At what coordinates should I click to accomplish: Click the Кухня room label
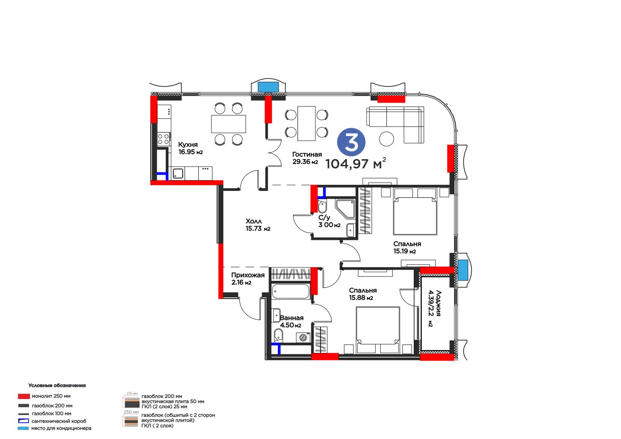click(x=188, y=144)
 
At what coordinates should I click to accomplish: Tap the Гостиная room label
click(x=307, y=154)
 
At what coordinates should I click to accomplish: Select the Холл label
click(x=253, y=221)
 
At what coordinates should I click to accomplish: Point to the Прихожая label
click(x=248, y=275)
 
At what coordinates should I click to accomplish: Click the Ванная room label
click(x=291, y=318)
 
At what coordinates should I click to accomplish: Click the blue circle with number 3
click(x=351, y=142)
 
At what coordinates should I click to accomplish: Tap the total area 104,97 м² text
click(x=356, y=164)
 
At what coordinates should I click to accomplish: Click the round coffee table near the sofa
click(x=387, y=139)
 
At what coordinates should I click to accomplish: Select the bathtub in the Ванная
click(x=291, y=291)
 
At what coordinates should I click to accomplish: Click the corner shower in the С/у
click(x=345, y=209)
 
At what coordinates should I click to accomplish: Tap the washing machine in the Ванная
click(x=303, y=338)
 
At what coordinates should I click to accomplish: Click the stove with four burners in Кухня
click(x=163, y=139)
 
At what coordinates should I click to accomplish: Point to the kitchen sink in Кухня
click(x=178, y=174)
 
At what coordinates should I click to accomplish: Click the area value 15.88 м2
click(x=361, y=298)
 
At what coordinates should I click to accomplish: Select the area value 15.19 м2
click(x=404, y=252)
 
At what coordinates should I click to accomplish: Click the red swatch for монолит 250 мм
click(x=24, y=396)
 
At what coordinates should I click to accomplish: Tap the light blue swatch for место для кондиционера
click(x=23, y=429)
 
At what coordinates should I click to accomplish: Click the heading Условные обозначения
click(x=57, y=385)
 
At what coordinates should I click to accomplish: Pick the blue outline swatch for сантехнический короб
click(x=23, y=421)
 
